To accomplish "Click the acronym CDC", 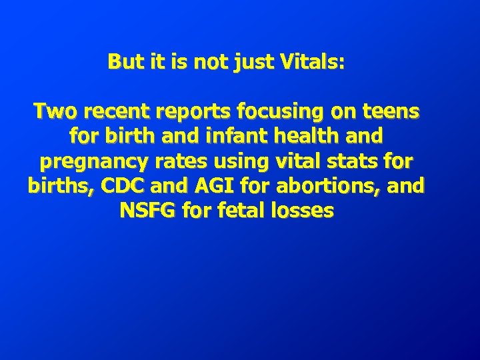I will (x=120, y=186).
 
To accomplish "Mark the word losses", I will (x=303, y=211).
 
